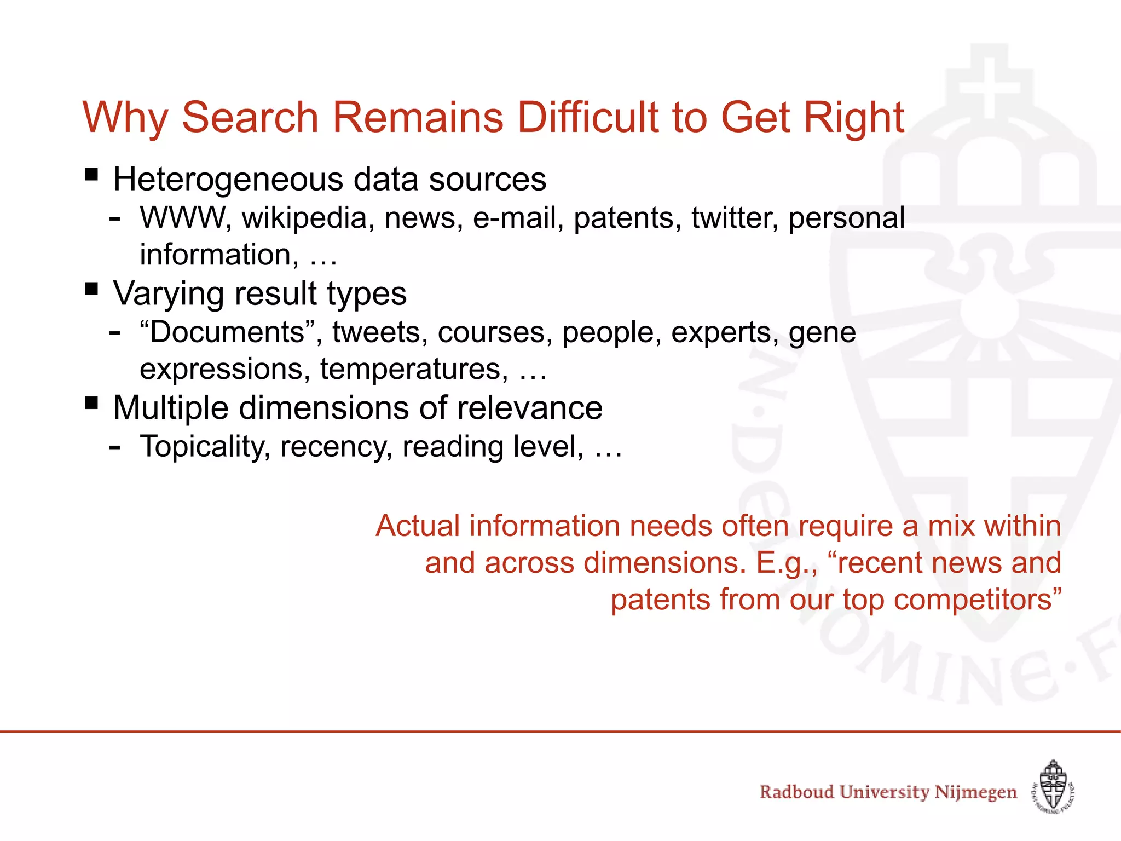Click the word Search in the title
(250, 118)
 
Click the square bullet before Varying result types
(91, 289)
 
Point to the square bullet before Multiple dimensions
(91, 404)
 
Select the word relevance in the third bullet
(529, 408)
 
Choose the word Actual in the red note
(418, 526)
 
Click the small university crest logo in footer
(1053, 787)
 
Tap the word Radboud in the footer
(796, 792)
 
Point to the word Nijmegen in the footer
(975, 792)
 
